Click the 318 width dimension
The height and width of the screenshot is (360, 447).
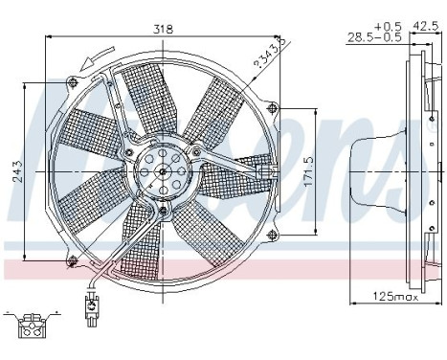tap(164, 29)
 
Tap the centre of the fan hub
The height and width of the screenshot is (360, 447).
tap(162, 173)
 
